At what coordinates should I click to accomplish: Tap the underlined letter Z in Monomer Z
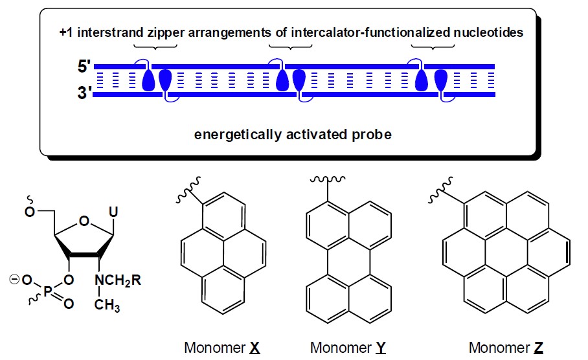539,347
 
